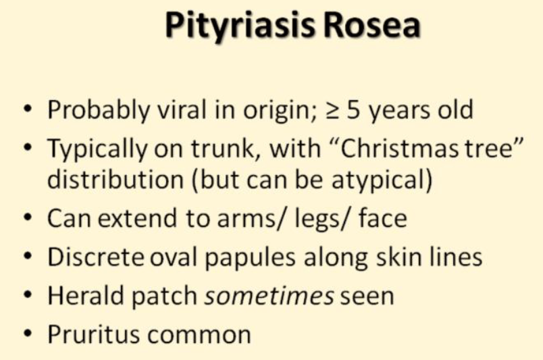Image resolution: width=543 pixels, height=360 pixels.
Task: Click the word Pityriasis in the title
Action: tap(240, 26)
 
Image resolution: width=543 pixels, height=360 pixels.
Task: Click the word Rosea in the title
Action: tap(372, 25)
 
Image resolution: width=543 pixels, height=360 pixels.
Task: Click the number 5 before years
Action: tap(354, 110)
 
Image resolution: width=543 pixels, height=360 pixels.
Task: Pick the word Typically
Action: tap(97, 149)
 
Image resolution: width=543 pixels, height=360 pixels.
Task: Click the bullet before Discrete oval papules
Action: tap(28, 258)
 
